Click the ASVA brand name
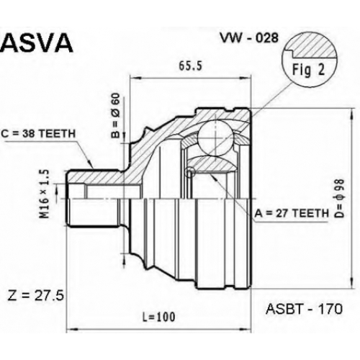point(37,43)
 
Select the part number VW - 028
point(250,37)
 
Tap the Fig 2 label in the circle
point(308,70)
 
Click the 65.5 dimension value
point(191,66)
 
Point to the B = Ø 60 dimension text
point(115,116)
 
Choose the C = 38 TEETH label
point(38,134)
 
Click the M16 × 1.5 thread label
point(45,194)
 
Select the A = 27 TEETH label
point(292,213)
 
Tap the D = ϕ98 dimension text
point(339,198)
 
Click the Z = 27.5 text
point(36,296)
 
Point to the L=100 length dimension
point(159,317)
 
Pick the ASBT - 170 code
point(304,309)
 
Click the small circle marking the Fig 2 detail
point(191,172)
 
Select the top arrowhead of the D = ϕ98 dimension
point(352,114)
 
